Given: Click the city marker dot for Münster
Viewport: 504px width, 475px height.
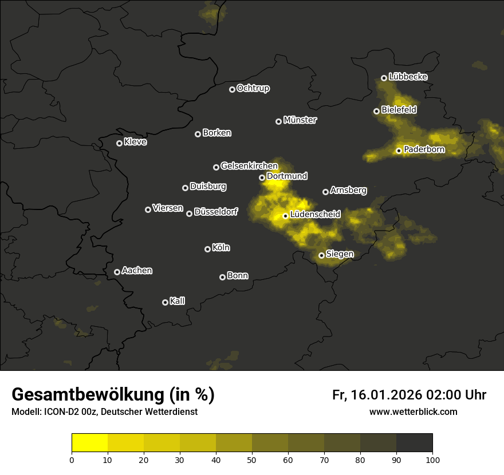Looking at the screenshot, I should tap(279, 121).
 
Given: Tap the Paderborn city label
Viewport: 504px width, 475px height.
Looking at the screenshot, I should tap(424, 150).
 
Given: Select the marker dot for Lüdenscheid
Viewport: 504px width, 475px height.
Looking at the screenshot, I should tap(285, 216).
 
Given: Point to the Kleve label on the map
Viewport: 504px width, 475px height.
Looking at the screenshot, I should tap(135, 142).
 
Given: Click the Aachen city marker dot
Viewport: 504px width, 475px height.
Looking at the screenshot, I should tap(117, 272).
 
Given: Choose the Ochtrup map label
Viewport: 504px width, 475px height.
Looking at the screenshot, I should tap(253, 88).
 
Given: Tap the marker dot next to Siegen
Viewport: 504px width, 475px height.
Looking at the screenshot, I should tap(321, 255).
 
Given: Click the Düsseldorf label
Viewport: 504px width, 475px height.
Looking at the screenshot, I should tap(216, 212).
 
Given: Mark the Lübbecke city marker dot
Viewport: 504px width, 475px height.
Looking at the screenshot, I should tap(384, 78).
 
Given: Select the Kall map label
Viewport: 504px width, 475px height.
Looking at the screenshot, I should tap(177, 301).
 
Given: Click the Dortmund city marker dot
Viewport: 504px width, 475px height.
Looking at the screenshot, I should tap(262, 177).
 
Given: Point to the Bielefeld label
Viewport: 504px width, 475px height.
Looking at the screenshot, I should tap(399, 109).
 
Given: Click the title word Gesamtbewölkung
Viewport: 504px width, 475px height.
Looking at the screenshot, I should tap(88, 395).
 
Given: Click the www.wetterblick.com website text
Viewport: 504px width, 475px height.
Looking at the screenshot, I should tap(413, 411).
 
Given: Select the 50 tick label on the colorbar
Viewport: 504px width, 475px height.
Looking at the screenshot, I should tap(252, 460).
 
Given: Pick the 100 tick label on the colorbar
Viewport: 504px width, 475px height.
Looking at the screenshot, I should tap(432, 460).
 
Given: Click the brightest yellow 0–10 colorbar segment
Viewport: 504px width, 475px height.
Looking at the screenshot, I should tap(90, 443).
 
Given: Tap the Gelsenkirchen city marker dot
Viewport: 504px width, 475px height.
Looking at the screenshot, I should tap(216, 167).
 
